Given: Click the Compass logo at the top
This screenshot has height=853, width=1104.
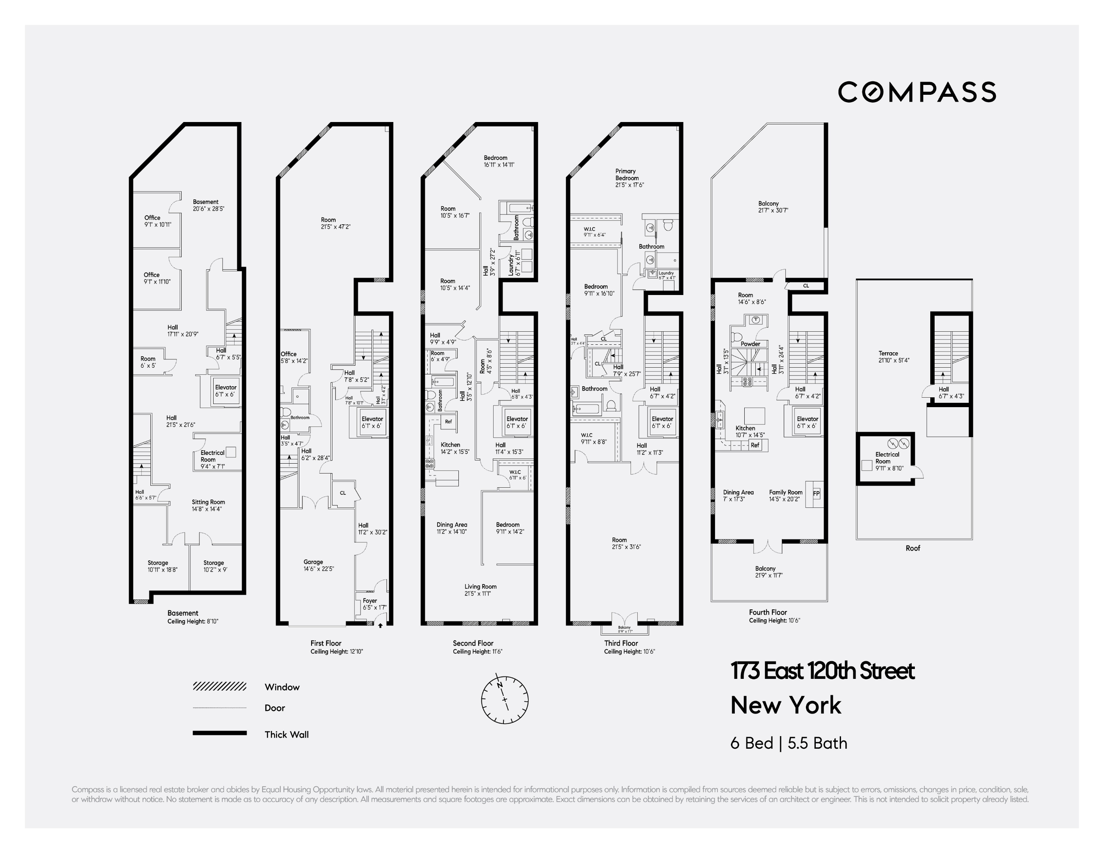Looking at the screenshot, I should point(916,92).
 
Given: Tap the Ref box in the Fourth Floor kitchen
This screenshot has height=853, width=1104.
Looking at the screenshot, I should point(755,445).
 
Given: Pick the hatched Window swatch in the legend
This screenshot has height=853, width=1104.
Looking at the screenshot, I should point(220,686).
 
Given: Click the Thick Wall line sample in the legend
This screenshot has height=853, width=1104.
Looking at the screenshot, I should point(220,733).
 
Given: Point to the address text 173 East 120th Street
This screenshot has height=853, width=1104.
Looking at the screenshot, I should point(822,671).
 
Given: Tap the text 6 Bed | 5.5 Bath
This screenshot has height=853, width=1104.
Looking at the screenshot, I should point(789,743).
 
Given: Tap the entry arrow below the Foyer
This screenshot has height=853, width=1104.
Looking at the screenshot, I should point(381,625).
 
